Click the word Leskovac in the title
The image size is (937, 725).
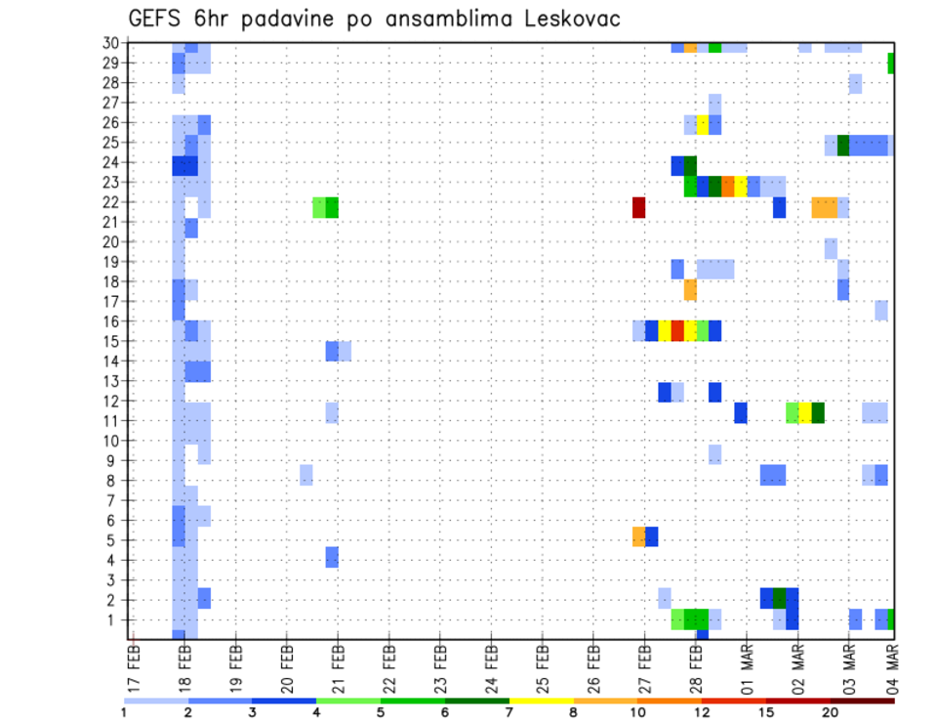(x=565, y=20)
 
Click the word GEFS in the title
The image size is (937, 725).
(x=159, y=20)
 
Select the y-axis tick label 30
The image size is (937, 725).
(x=110, y=43)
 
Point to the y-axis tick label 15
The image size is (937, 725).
(x=110, y=341)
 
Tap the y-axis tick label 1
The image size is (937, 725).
(x=114, y=619)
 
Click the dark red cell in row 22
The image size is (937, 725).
(x=638, y=207)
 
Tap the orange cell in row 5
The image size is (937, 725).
(x=638, y=536)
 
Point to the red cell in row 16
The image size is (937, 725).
(x=677, y=330)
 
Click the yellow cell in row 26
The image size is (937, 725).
(x=702, y=124)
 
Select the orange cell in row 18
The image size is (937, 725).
(x=690, y=290)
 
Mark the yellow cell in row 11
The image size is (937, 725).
(x=805, y=412)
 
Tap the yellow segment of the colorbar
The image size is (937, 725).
(x=542, y=700)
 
